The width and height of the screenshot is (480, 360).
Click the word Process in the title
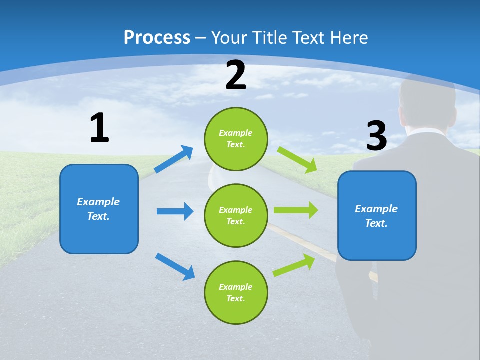(x=157, y=38)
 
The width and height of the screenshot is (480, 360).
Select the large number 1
(x=99, y=128)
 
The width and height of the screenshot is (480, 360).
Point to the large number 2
(x=236, y=75)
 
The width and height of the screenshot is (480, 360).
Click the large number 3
(x=376, y=136)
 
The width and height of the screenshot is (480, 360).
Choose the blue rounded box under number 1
(x=99, y=209)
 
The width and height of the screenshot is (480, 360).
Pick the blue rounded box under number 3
(x=377, y=215)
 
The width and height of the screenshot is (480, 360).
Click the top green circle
(x=236, y=139)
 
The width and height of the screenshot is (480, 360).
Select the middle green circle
(x=236, y=215)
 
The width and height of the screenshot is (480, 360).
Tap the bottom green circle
(x=236, y=292)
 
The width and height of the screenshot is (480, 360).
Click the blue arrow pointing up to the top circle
(x=174, y=159)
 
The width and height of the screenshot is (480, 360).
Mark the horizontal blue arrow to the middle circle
(x=175, y=211)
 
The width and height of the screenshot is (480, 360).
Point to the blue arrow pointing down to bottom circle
(x=175, y=266)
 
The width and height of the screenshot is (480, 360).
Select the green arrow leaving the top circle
(x=297, y=159)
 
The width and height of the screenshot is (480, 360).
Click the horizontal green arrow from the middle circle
(x=296, y=210)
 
